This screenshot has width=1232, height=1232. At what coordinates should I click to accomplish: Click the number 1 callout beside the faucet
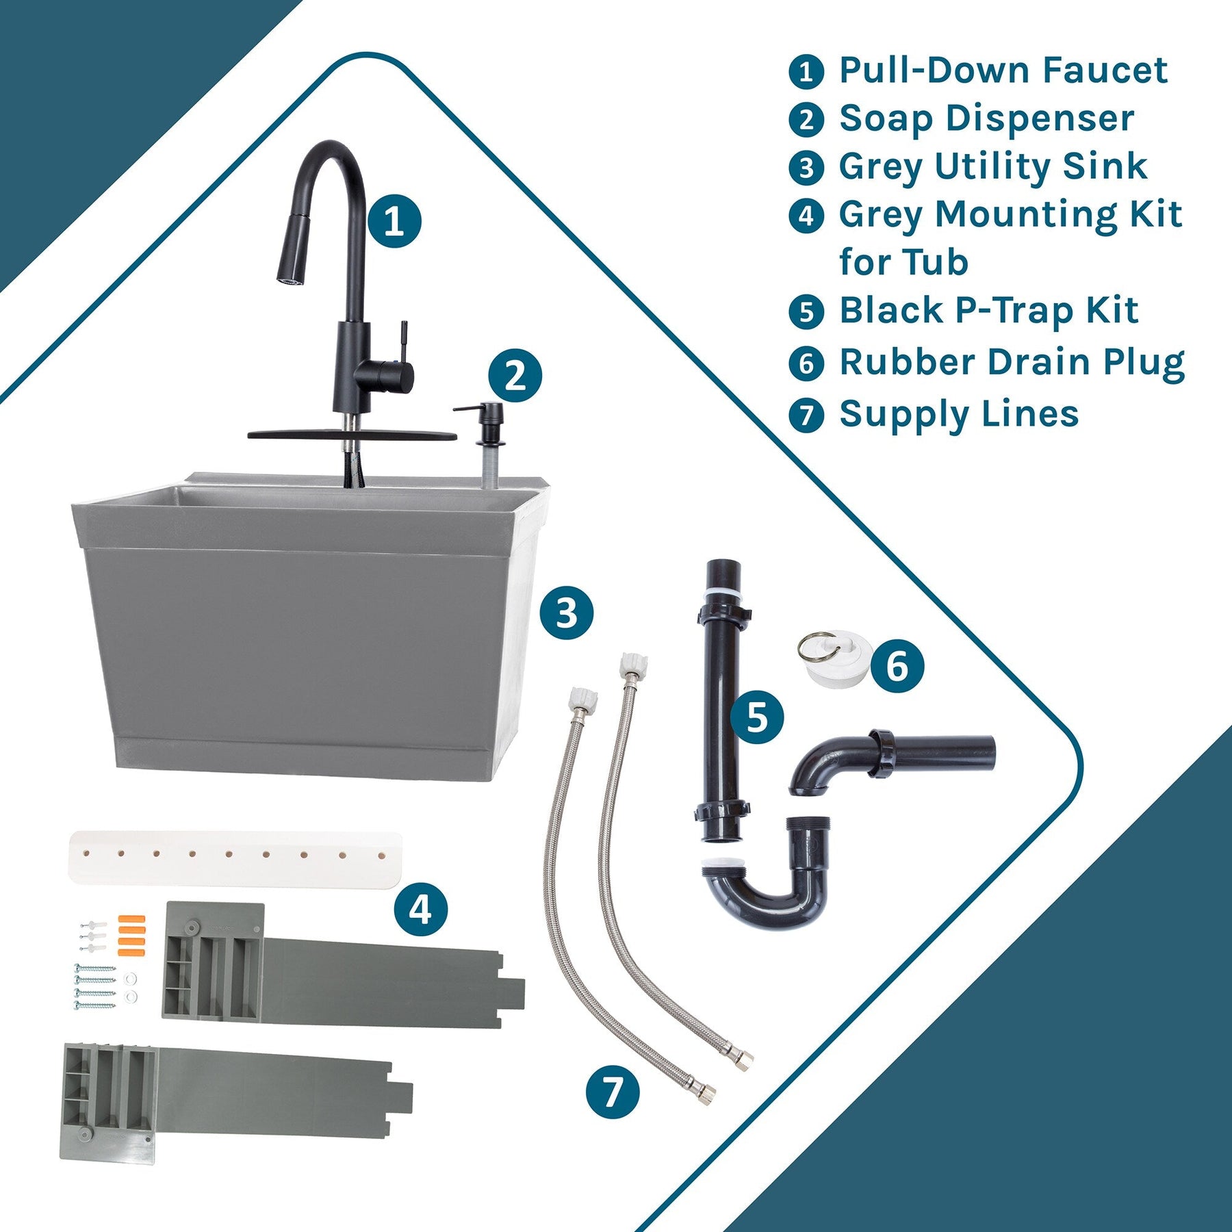tap(394, 221)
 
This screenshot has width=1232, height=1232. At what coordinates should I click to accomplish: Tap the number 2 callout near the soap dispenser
tap(515, 376)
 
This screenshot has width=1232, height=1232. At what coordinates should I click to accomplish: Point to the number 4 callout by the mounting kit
tap(420, 910)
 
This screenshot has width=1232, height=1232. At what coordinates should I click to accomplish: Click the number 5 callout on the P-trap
tap(757, 717)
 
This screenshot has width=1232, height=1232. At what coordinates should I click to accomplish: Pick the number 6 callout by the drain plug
tap(897, 666)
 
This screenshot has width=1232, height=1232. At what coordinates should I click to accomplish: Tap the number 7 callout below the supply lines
tap(613, 1092)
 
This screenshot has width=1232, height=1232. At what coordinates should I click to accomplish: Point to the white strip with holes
tap(235, 858)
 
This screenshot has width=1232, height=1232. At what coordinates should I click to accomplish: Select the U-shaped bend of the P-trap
tap(766, 873)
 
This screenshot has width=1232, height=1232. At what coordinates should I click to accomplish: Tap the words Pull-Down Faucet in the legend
tap(1003, 70)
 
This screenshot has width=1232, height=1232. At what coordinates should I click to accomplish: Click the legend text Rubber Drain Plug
tap(1012, 362)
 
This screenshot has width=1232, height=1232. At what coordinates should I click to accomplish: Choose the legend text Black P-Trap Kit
tap(989, 310)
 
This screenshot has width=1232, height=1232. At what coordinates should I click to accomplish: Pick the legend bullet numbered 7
tap(806, 415)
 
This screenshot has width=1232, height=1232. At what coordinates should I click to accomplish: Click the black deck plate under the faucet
tap(352, 435)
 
